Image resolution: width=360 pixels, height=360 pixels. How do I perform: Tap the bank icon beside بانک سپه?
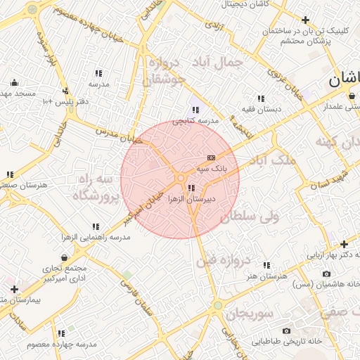pyautogui.click(x=212, y=157)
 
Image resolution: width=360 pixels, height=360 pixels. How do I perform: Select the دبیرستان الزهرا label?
pyautogui.click(x=191, y=200)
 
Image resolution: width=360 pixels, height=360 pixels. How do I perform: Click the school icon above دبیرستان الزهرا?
pyautogui.click(x=191, y=188)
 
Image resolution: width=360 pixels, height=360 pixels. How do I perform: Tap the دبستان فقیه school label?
pyautogui.click(x=262, y=110)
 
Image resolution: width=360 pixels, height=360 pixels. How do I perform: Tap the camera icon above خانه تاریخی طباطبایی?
pyautogui.click(x=286, y=330)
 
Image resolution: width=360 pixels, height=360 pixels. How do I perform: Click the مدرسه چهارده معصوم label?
pyautogui.click(x=62, y=345)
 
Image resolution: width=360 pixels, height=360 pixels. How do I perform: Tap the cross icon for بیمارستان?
pyautogui.click(x=14, y=289)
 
